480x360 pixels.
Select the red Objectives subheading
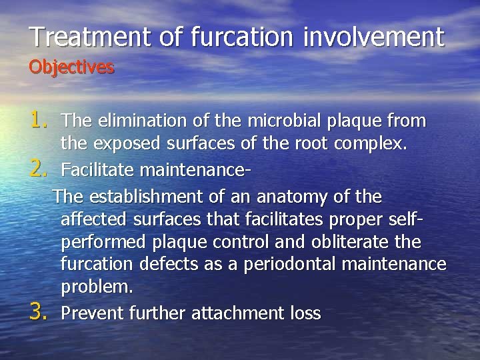pos(71,67)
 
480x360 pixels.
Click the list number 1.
pos(41,120)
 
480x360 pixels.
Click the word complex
pos(371,143)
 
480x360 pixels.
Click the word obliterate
pos(361,243)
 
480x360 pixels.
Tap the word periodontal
pos(291,265)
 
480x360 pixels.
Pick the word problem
pos(96,289)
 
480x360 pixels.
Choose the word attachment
pos(234,312)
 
